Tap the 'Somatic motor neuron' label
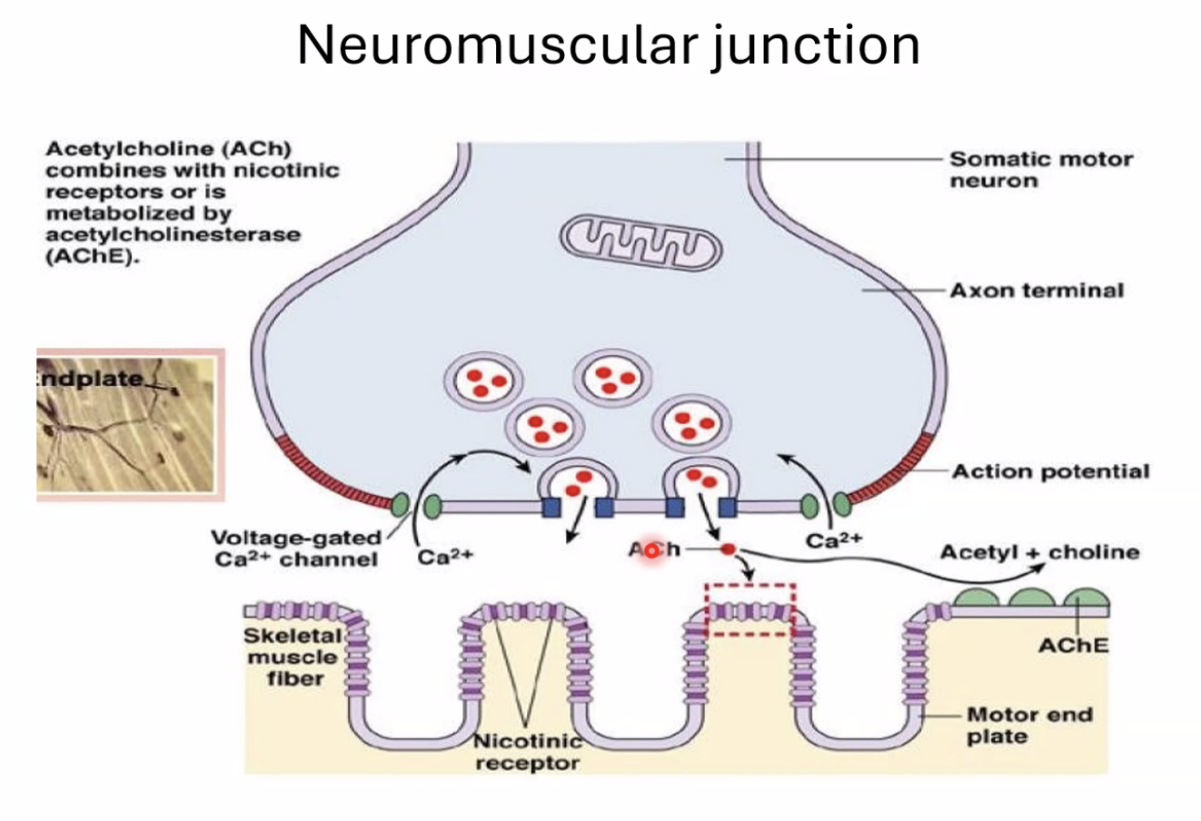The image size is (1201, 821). (x=1040, y=170)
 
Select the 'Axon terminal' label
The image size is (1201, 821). (x=1037, y=291)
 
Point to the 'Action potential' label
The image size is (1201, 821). (x=1050, y=471)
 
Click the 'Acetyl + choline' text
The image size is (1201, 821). (x=1039, y=552)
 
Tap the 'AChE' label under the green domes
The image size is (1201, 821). (x=1073, y=646)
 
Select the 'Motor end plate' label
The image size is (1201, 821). (x=1028, y=726)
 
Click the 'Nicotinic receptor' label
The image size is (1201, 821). (x=527, y=753)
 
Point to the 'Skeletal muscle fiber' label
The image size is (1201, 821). (x=293, y=657)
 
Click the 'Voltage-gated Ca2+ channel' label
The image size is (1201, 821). (x=296, y=549)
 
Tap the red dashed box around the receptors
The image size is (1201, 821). (x=750, y=609)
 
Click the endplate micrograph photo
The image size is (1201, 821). (x=127, y=423)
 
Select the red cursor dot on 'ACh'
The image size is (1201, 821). (x=651, y=550)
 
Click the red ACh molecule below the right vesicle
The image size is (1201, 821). (x=728, y=549)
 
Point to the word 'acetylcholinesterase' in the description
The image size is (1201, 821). (x=173, y=235)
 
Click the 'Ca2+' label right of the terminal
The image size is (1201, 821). (x=833, y=540)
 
